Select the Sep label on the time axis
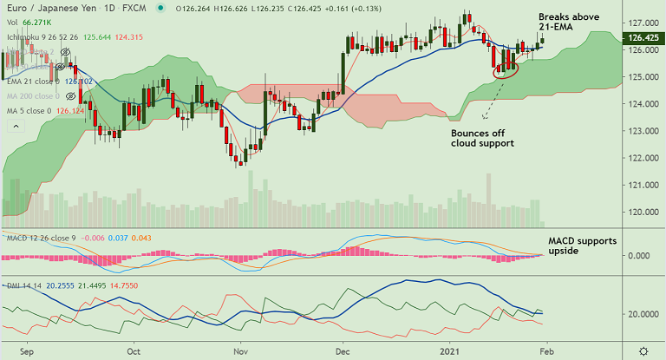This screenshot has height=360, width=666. click(x=26, y=352)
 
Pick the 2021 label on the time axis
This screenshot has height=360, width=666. click(x=449, y=352)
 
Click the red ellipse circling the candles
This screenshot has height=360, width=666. click(x=506, y=69)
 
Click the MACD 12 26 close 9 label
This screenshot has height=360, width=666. click(x=39, y=238)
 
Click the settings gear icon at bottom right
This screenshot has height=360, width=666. click(x=643, y=350)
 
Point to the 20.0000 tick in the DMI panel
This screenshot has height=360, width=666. click(x=644, y=314)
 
